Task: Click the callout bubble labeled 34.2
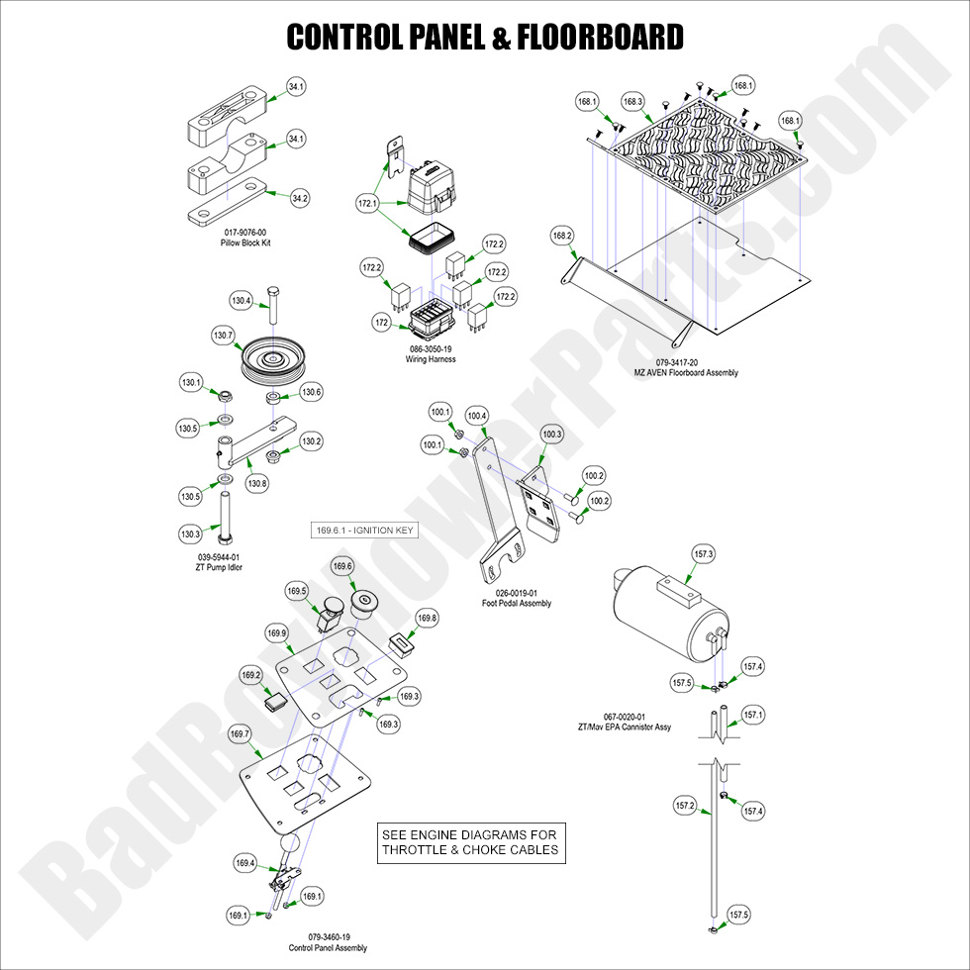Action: [x=299, y=198]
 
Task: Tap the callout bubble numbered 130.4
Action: [x=241, y=300]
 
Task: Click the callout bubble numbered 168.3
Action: [x=632, y=101]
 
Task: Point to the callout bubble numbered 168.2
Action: [x=562, y=236]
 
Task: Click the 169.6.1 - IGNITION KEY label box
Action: [x=364, y=531]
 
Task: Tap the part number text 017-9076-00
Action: [x=245, y=233]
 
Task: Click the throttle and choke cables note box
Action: [x=469, y=842]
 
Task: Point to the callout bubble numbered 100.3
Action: [x=551, y=435]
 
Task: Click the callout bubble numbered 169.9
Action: [x=276, y=632]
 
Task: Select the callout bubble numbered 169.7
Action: [x=240, y=733]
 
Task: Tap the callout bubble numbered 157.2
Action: [x=685, y=806]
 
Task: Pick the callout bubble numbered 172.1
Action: [x=368, y=204]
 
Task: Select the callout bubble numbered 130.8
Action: [x=257, y=484]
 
